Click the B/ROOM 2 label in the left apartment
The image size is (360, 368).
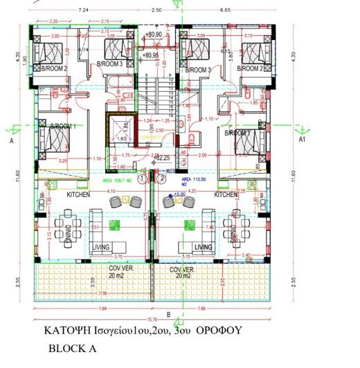pos(53,69)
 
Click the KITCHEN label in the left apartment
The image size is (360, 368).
pos(79,196)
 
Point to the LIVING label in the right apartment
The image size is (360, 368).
pos(203,247)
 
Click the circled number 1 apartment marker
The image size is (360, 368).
pos(142,178)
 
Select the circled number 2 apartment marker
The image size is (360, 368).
pos(161,178)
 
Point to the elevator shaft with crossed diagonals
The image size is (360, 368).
pos(118,129)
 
